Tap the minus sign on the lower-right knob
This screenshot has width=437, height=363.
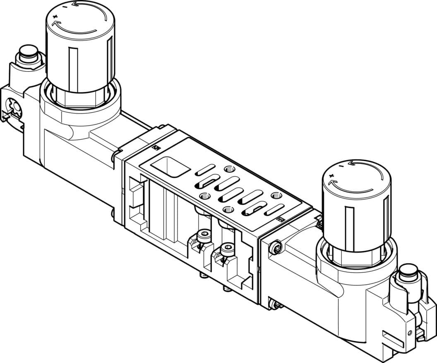340,166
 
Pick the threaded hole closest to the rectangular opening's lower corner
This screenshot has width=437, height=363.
203,196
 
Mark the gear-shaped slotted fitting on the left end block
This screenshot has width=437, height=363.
15,108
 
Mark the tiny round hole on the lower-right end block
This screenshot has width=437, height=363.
410,332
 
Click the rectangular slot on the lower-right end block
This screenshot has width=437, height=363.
393,338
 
